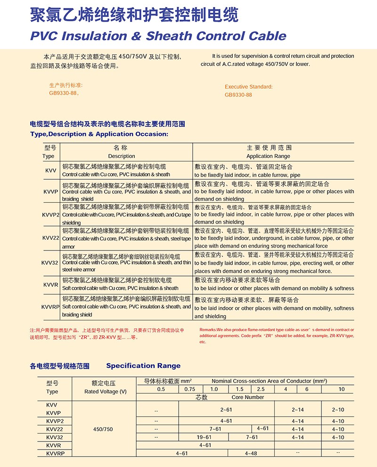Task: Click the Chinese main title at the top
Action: pyautogui.click(x=134, y=15)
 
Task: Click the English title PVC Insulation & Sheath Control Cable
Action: pyautogui.click(x=158, y=36)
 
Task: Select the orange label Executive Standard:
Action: pyautogui.click(x=248, y=87)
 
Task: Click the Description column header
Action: pyautogui.click(x=122, y=156)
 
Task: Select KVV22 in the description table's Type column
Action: pyautogui.click(x=50, y=238)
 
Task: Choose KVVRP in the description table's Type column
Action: pyautogui.click(x=50, y=307)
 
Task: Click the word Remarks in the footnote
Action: pyautogui.click(x=209, y=330)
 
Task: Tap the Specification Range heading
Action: pyautogui.click(x=143, y=366)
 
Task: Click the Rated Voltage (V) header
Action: pyautogui.click(x=106, y=392)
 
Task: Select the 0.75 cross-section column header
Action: pyautogui.click(x=189, y=389)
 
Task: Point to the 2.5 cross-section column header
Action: pyautogui.click(x=261, y=389)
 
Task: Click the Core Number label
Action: pyautogui.click(x=248, y=397)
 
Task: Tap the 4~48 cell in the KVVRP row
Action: pyautogui.click(x=251, y=453)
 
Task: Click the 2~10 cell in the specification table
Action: pyautogui.click(x=338, y=409)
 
